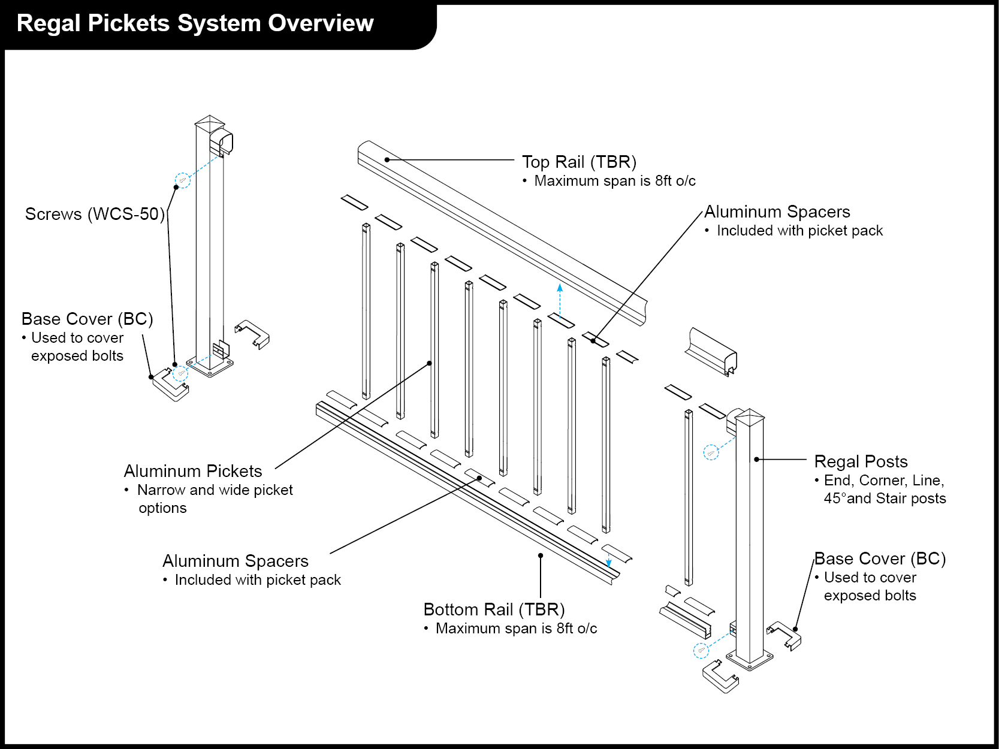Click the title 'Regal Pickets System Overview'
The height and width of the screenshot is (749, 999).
point(195,23)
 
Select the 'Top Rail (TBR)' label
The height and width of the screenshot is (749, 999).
point(579,162)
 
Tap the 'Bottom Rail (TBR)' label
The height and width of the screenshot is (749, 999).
point(494,609)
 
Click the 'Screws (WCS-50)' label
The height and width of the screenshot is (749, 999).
point(95,214)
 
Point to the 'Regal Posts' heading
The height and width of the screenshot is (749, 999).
point(861,461)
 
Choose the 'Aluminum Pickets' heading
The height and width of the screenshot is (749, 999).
point(193,471)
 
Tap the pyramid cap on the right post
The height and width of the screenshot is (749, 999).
point(750,416)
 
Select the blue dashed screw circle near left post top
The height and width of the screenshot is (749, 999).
point(182,180)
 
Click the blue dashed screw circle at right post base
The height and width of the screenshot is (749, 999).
point(701,650)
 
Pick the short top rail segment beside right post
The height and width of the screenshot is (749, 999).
point(711,351)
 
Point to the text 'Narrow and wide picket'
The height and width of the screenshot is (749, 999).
point(215,490)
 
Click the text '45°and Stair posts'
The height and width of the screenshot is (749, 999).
point(885,499)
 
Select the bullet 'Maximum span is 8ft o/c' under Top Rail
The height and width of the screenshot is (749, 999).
point(614,181)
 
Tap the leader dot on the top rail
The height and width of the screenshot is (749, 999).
point(387,159)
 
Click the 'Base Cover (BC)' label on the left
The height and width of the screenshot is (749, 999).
point(87,319)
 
